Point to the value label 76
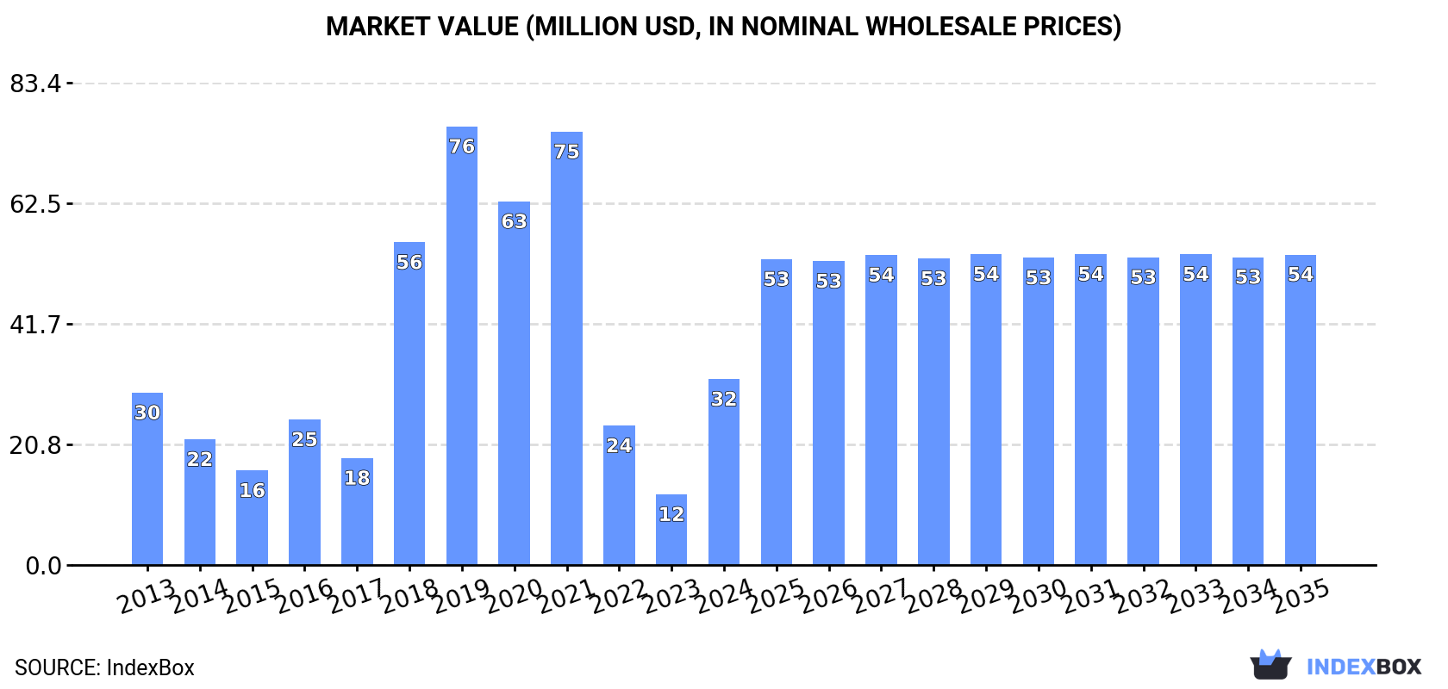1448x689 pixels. pos(462,146)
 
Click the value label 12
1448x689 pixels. pos(671,514)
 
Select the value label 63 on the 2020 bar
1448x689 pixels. pos(514,221)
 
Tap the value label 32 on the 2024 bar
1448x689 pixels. pos(724,399)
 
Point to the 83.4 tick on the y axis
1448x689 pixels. pos(35,84)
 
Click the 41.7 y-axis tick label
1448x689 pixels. pos(35,325)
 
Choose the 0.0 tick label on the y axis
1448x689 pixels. pos(43,566)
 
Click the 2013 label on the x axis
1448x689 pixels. pos(147,596)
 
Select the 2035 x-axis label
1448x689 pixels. pos(1301,596)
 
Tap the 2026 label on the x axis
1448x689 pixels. pos(828,596)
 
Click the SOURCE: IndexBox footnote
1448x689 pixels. pos(104,667)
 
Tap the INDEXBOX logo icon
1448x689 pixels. pos(1270,665)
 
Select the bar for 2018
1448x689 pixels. pos(409,404)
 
